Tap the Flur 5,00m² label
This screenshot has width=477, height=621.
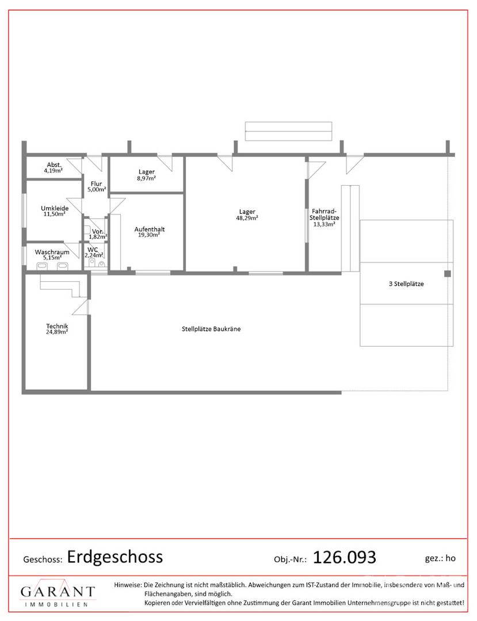pos(96,186)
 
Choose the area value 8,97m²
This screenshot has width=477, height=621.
pos(147,178)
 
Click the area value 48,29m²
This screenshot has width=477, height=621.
pos(247,218)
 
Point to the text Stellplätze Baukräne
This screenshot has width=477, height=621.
pos(211,329)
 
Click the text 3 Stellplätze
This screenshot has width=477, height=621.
pos(406,283)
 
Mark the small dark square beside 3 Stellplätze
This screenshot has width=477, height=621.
pos(447,274)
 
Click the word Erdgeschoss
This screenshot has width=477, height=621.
pos(115,557)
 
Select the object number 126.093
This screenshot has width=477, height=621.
pos(344,558)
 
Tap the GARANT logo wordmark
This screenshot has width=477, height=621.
pos(58,592)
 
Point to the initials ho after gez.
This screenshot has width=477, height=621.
pos(451,558)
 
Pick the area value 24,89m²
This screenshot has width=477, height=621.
pos(57,332)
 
